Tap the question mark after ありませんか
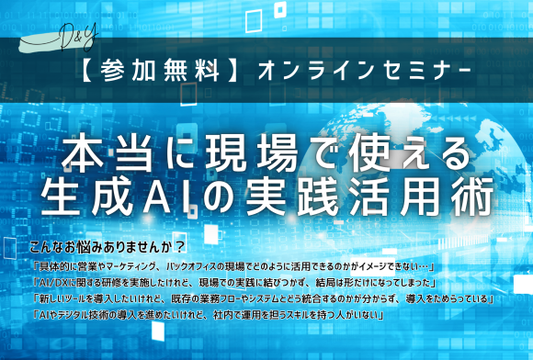[182, 246]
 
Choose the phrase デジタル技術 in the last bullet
[84, 317]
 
